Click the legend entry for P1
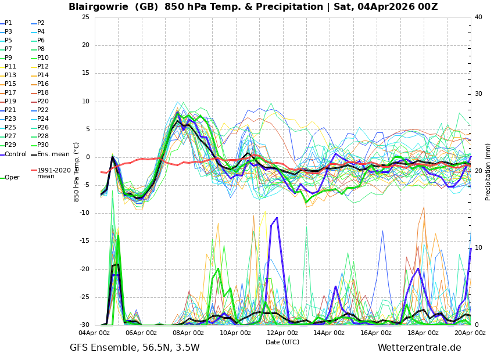9,23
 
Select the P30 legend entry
43,145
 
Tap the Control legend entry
16,154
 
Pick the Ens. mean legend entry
53,154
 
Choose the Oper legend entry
12,178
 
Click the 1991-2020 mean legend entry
53,173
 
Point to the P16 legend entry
43,84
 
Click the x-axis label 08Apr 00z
188,333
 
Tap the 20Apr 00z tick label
470,333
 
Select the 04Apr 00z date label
94,333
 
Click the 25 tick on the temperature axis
85,17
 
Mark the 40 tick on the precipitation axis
478,17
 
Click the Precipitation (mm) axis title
488,171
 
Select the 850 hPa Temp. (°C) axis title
77,171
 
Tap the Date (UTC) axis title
282,342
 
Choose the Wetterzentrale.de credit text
419,348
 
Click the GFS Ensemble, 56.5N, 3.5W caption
135,348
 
